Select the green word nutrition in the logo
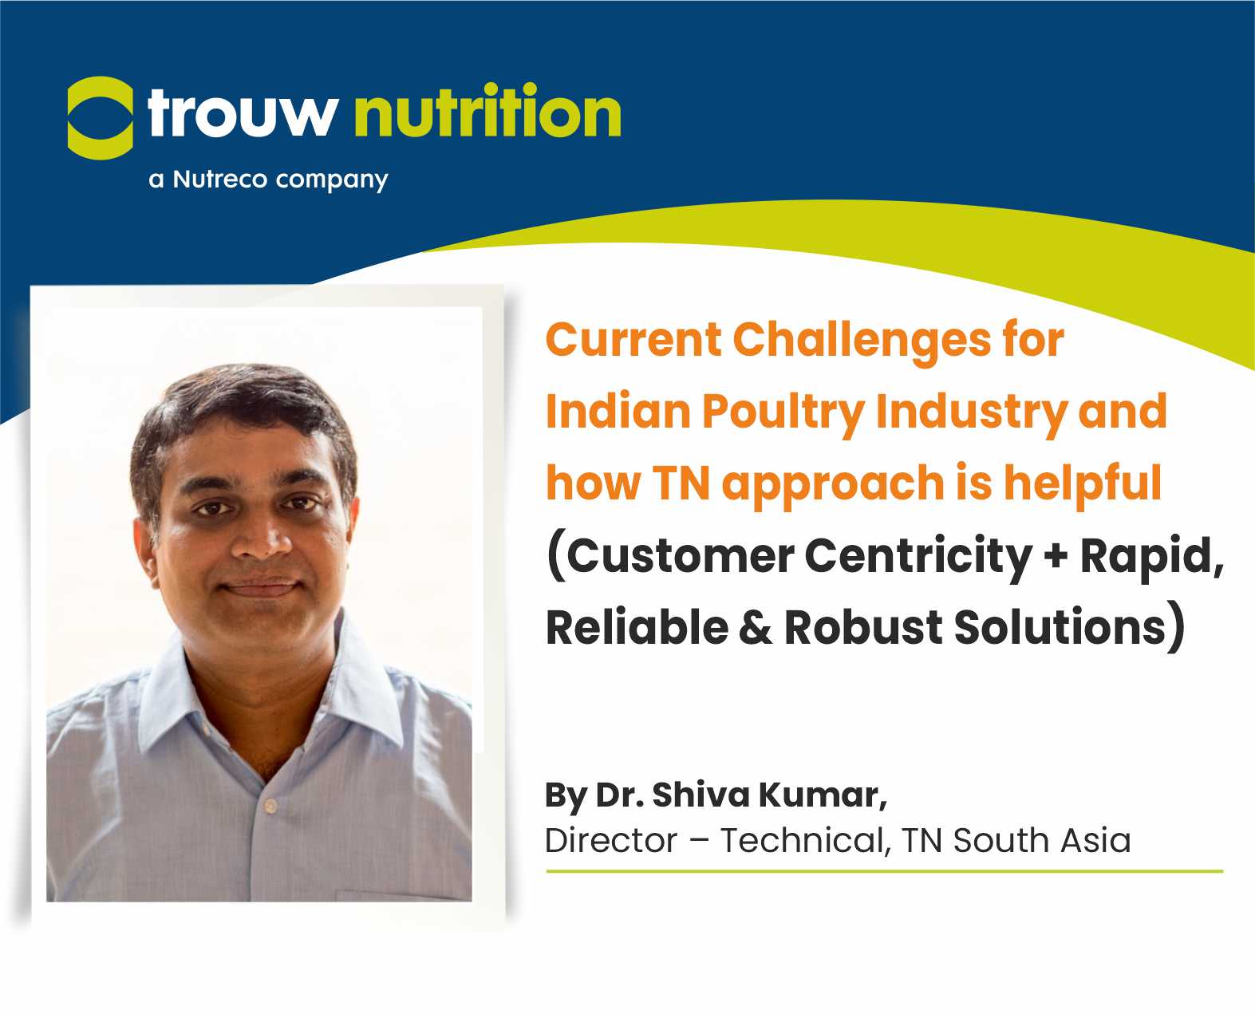point(487,109)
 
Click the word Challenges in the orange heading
point(862,341)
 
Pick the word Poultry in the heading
point(783,412)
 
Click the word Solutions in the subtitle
point(1060,628)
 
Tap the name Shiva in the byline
point(701,795)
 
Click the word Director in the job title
point(611,840)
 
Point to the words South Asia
point(1042,840)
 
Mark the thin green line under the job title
point(884,871)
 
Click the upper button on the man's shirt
point(270,806)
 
